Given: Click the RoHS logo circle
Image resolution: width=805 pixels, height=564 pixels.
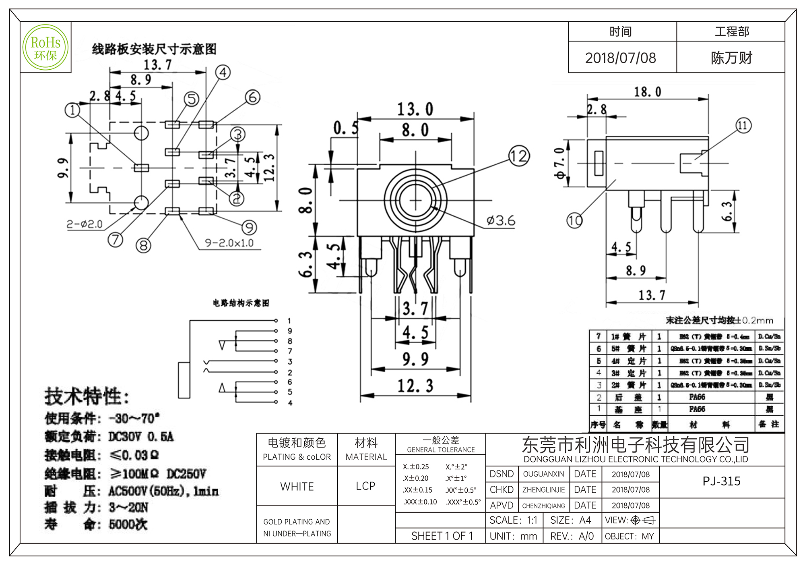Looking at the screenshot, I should click(45, 48).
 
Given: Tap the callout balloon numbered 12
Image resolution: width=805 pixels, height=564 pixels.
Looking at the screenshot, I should click(519, 156).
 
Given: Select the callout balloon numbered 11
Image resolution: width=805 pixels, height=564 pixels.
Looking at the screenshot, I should click(743, 125).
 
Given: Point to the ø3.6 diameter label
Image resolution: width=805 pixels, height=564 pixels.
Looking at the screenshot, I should click(501, 220).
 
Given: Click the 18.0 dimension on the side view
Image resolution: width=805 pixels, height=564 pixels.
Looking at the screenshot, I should click(648, 92).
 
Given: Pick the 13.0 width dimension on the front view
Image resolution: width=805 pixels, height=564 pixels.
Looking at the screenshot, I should click(415, 109).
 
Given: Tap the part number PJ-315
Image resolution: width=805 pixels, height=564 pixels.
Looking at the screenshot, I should click(721, 481).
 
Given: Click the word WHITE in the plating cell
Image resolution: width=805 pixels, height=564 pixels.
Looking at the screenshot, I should click(297, 486).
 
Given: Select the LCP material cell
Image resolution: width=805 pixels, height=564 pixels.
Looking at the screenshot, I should click(365, 486).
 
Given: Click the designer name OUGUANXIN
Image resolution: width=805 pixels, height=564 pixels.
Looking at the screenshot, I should click(543, 474).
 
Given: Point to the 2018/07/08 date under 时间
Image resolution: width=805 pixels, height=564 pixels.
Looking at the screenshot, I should click(620, 58).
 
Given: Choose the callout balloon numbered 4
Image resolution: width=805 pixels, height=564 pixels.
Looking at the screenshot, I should click(223, 73).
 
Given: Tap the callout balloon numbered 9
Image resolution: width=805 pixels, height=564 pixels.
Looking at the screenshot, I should click(249, 228).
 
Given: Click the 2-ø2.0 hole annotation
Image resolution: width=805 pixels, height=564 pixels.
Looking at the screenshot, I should click(85, 224).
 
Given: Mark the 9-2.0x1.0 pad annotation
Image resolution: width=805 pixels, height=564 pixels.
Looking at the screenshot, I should click(229, 243).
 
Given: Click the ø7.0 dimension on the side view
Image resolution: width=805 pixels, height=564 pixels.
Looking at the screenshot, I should click(560, 163).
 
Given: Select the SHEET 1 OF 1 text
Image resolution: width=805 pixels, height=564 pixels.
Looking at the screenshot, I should click(442, 536).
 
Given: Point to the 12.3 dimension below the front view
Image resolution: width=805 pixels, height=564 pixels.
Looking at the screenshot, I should click(415, 386).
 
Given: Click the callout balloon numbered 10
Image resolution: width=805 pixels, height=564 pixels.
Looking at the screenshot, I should click(574, 220).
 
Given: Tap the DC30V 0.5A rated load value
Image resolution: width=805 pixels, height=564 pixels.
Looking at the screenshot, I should click(141, 437).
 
